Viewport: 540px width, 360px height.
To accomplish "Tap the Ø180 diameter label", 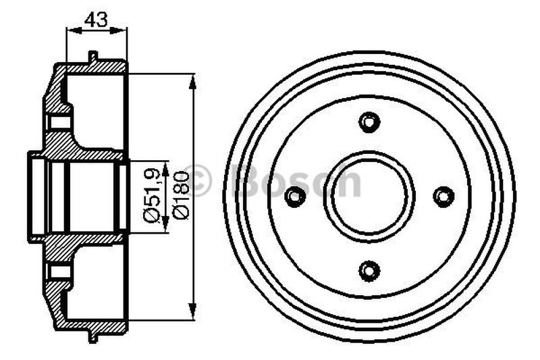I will [180, 197].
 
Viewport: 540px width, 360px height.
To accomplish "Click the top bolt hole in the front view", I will [369, 122].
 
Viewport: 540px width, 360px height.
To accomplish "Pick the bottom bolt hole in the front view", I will [369, 271].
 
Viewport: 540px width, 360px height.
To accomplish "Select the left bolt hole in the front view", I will [294, 197].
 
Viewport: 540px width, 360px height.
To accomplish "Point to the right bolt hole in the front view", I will [443, 197].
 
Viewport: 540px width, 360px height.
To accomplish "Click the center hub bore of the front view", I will [369, 197].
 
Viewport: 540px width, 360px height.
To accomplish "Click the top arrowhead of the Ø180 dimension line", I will [193, 81].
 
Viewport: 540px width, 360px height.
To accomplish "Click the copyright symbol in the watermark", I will [198, 181].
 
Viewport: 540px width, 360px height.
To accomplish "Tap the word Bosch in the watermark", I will [297, 181].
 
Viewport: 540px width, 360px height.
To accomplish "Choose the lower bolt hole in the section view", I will [60, 272].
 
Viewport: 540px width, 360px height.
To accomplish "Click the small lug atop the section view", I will [93, 56].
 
